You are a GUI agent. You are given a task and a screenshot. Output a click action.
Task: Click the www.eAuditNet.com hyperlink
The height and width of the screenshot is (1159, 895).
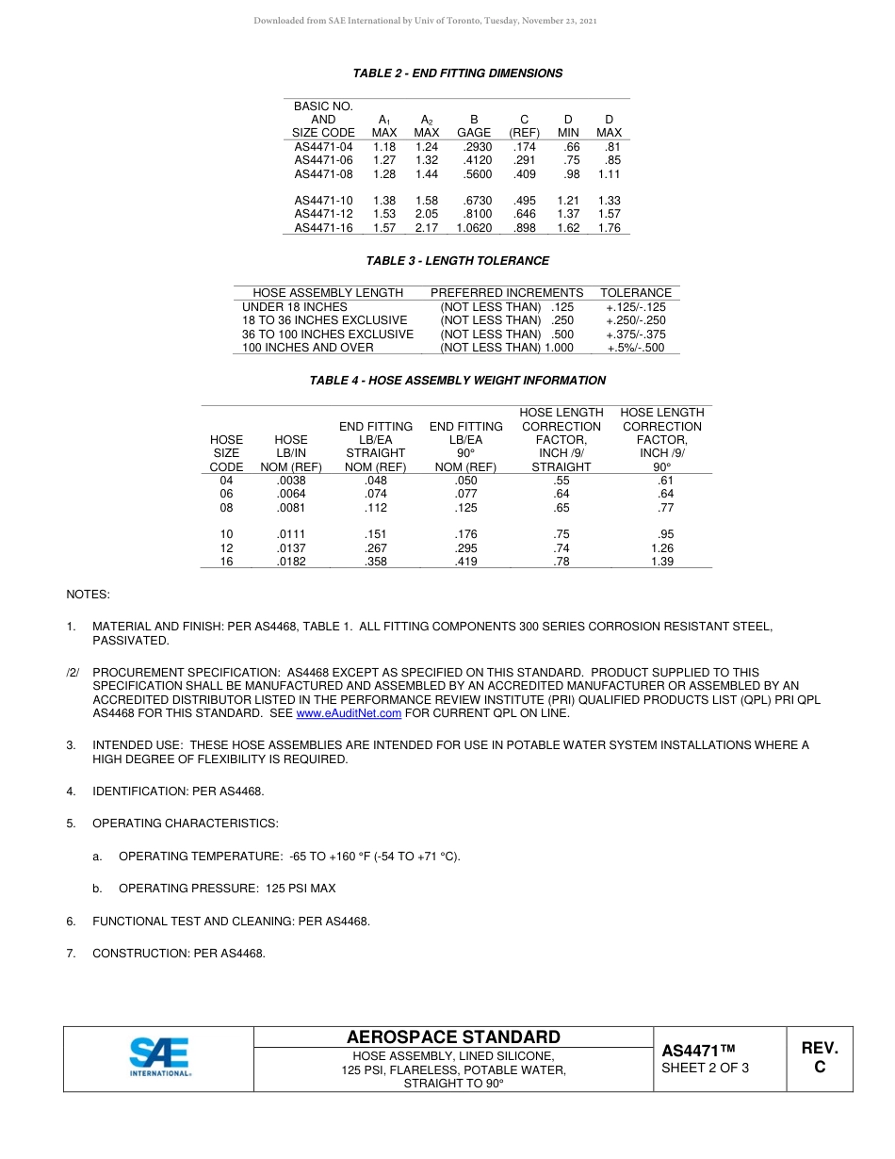(x=349, y=713)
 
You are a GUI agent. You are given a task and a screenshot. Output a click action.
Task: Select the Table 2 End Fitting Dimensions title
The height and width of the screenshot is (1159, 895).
(x=457, y=73)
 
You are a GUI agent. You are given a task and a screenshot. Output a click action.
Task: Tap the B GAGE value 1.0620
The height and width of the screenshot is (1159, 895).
(x=474, y=228)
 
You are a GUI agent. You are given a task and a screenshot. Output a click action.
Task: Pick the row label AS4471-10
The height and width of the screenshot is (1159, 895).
(x=323, y=201)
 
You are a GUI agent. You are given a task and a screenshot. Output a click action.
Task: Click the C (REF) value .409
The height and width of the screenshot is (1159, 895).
(x=524, y=174)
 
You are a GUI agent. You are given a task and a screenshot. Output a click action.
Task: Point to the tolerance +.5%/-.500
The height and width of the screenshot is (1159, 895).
(x=635, y=348)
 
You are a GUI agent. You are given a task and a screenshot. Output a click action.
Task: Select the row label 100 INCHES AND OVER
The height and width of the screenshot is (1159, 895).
(x=307, y=348)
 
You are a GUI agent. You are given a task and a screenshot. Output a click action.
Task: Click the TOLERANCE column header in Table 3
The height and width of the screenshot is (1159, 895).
(x=636, y=293)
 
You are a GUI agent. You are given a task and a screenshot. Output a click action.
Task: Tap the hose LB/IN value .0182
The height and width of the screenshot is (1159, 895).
(x=290, y=562)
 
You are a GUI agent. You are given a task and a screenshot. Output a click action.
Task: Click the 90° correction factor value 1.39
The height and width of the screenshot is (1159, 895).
(x=662, y=562)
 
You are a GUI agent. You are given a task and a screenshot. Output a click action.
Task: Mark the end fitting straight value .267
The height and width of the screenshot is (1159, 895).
(x=375, y=548)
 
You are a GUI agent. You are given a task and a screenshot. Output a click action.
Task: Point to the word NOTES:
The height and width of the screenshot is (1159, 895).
(x=88, y=595)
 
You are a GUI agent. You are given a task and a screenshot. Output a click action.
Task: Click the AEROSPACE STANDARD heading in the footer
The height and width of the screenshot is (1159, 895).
(x=453, y=1037)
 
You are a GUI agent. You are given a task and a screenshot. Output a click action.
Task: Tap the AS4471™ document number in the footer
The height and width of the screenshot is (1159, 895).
(x=697, y=1051)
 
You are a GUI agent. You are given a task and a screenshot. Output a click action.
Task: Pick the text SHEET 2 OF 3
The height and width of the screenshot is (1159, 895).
(x=705, y=1069)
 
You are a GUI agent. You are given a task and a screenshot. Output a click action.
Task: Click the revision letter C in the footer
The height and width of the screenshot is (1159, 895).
(x=819, y=1068)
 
